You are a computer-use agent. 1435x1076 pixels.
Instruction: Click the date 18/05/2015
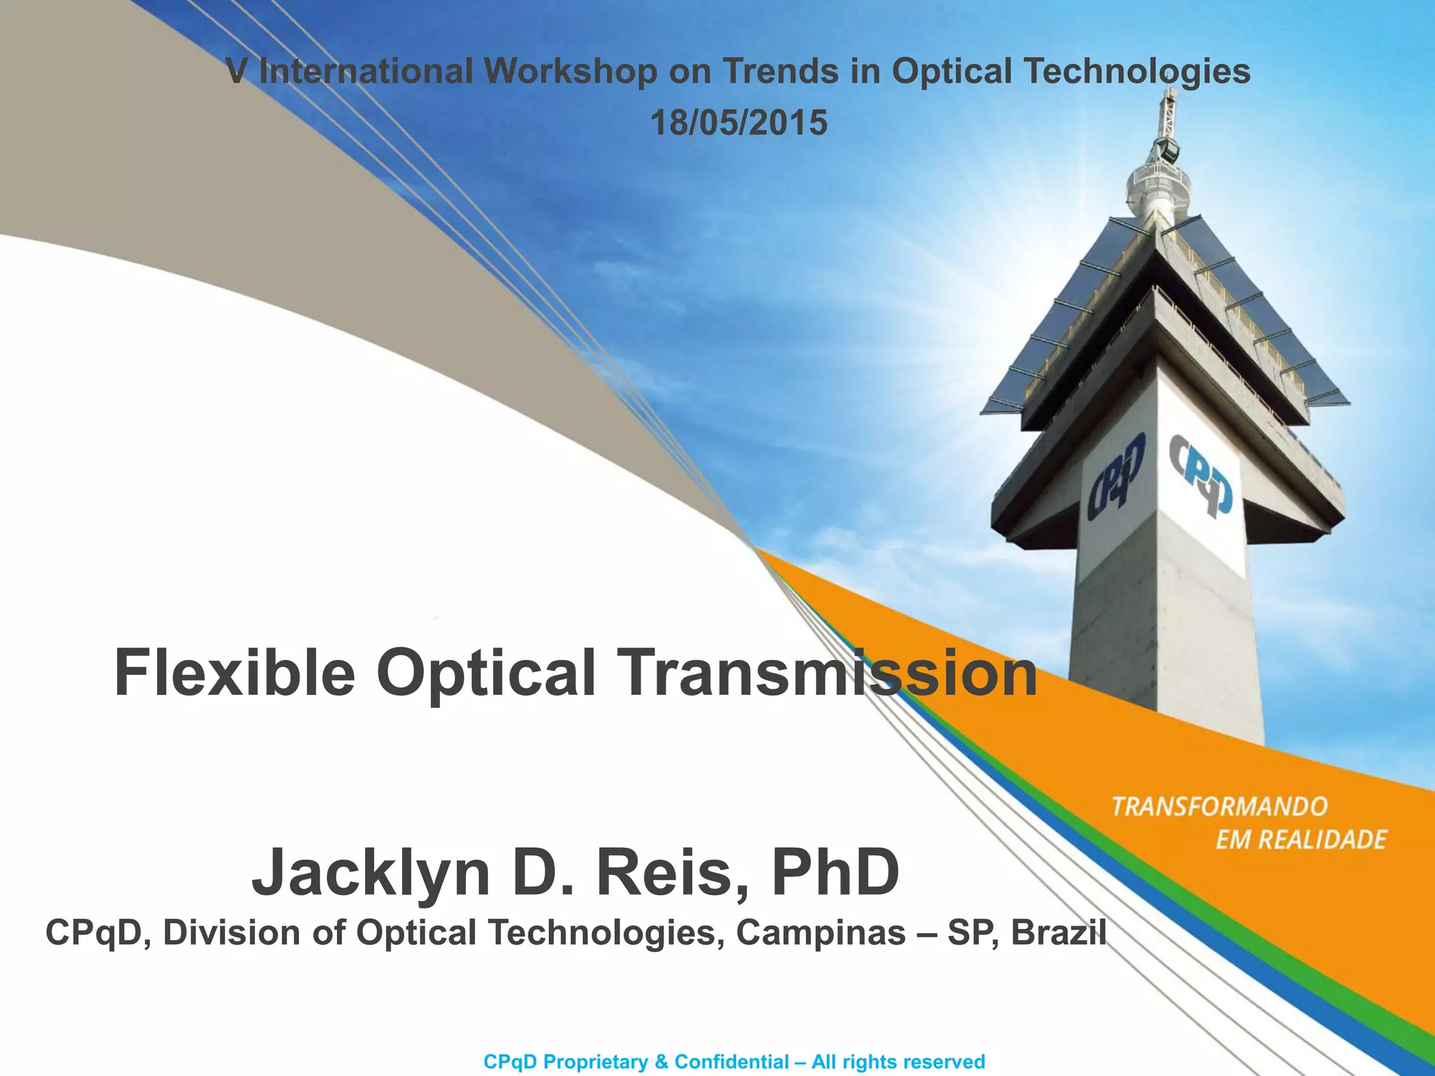[x=739, y=123]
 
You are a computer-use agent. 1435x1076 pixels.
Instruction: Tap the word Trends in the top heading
[x=780, y=71]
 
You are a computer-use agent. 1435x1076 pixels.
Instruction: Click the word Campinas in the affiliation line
[x=821, y=933]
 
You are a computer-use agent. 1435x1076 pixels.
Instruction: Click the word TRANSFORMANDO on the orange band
[x=1219, y=807]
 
